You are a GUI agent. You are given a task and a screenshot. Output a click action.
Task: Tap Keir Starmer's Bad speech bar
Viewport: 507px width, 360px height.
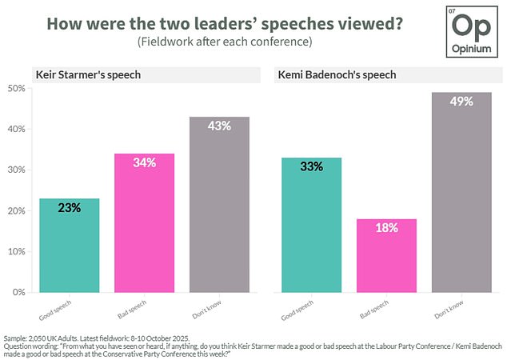tap(145, 223)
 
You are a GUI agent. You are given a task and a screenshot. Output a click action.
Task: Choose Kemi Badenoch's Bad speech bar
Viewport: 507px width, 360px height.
tap(385, 255)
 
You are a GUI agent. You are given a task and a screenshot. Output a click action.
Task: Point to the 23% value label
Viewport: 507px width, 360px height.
tap(69, 207)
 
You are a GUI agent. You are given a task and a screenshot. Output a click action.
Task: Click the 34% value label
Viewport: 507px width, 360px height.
tap(145, 162)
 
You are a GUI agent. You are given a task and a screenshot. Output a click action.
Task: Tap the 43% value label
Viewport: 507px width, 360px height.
tap(220, 126)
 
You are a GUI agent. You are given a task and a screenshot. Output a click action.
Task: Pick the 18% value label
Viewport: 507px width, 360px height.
tap(385, 228)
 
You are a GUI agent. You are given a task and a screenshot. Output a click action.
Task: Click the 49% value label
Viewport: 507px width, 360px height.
tap(462, 102)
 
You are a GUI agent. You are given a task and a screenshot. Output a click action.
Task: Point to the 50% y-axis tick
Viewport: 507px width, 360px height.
tap(14, 88)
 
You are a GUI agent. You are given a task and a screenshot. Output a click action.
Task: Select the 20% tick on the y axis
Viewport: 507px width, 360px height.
tap(14, 210)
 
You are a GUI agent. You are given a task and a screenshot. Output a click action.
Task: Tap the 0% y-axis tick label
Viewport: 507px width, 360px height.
tap(17, 292)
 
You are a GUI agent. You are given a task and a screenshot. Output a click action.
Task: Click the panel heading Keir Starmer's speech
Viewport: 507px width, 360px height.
tap(78, 75)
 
